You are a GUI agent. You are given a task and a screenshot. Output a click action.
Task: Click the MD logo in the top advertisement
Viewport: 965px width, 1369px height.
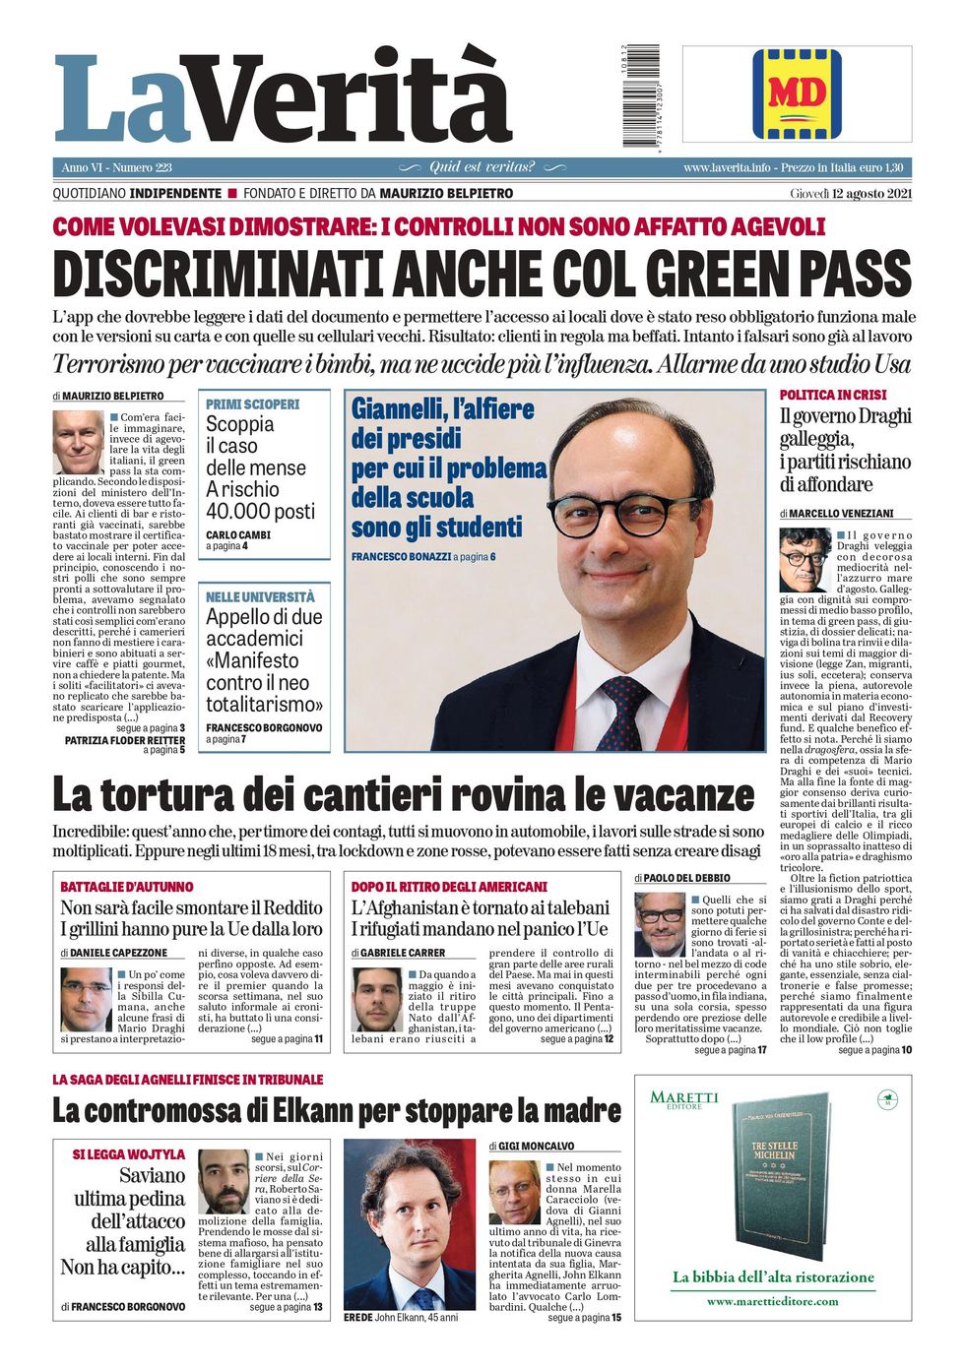[797, 93]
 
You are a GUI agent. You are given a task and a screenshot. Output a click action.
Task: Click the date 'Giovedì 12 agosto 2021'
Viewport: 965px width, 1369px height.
[851, 194]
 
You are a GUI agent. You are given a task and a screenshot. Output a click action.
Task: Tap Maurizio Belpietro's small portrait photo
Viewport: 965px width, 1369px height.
[78, 442]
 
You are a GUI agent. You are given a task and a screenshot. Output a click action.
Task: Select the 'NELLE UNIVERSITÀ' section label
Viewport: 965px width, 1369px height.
[260, 597]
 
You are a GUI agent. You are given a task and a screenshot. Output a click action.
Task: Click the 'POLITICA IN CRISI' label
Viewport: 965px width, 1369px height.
[833, 395]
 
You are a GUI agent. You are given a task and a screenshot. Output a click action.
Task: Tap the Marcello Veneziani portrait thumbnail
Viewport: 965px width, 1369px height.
[804, 561]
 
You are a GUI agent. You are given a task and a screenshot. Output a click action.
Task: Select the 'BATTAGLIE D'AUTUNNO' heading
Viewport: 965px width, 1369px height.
[127, 887]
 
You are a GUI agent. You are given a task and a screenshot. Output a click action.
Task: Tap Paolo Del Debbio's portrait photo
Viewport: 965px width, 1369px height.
[659, 924]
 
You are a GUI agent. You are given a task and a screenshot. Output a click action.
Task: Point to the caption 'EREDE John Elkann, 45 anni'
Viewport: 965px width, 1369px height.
[401, 1317]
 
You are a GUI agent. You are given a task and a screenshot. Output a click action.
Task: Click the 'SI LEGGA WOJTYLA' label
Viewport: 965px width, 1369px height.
[128, 1154]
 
